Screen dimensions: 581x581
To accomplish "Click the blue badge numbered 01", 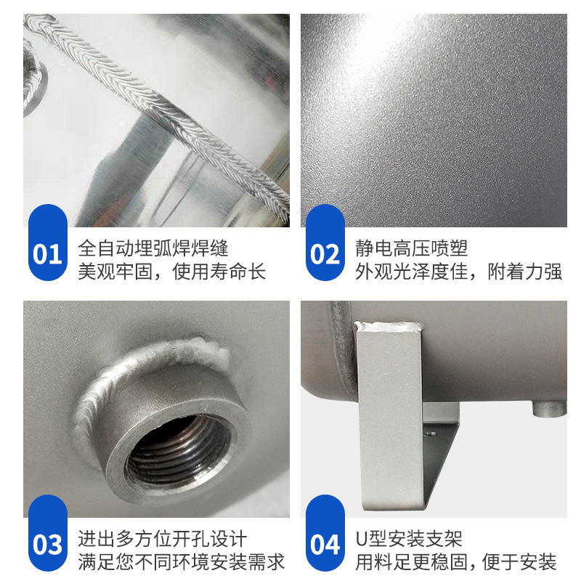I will (x=47, y=253).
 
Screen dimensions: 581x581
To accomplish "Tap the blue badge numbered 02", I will (x=325, y=253).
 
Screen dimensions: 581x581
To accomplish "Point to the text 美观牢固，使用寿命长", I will (x=172, y=272).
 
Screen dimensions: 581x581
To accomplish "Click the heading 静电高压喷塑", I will (x=412, y=248).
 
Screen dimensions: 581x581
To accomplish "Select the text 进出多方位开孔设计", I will (x=163, y=539).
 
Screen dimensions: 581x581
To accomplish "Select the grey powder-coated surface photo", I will (x=434, y=120).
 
